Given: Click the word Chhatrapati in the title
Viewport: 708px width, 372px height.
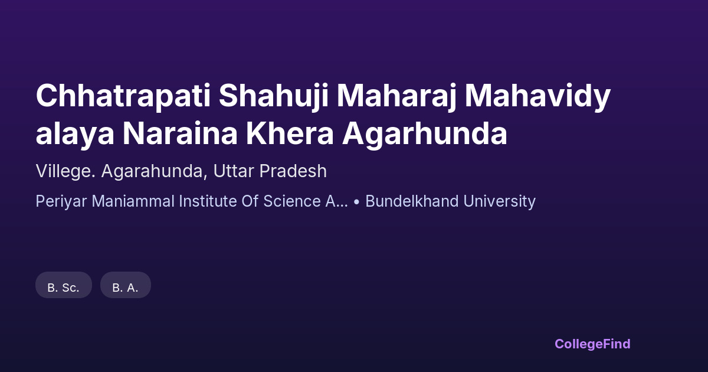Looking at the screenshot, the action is pos(123,96).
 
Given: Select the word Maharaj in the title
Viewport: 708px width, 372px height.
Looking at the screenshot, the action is pos(396,96).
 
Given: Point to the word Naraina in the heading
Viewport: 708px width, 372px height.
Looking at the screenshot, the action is pos(180,134).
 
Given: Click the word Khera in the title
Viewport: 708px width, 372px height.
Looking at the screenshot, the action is pos(290,134).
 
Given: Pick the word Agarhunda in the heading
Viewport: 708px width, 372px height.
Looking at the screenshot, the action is pos(425,134).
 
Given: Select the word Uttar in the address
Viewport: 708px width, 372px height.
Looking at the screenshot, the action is pos(234,171).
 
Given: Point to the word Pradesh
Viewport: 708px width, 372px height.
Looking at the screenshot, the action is pos(293,171).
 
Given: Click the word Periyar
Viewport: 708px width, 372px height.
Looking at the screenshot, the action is pos(61,201).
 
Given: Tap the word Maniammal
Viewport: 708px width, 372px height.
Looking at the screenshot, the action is pos(133,201).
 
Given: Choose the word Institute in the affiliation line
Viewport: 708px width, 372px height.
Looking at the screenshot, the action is pos(208,201).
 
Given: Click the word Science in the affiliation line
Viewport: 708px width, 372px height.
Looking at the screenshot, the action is pos(292,201).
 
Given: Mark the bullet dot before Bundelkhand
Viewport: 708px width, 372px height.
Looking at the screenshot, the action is pos(356,201).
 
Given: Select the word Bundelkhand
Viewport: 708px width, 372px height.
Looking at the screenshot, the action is pos(412,201).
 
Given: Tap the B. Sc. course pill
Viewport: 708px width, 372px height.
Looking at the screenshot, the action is pos(64,285).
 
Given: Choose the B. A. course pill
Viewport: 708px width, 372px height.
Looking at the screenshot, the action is pos(126,285).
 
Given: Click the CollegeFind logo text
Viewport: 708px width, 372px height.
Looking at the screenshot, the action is pos(592,344).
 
